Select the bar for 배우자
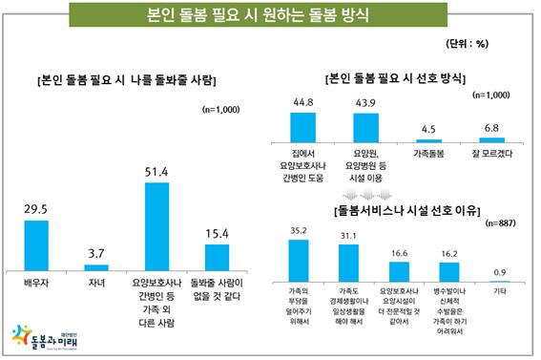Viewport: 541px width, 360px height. pos(36,246)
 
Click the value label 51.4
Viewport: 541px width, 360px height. pos(156,170)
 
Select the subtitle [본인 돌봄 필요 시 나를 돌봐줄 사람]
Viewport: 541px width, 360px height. pos(126,78)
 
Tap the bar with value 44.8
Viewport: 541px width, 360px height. pos(302,127)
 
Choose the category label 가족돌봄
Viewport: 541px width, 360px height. pos(428,153)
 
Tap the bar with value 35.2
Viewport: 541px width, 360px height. pos(299,260)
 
